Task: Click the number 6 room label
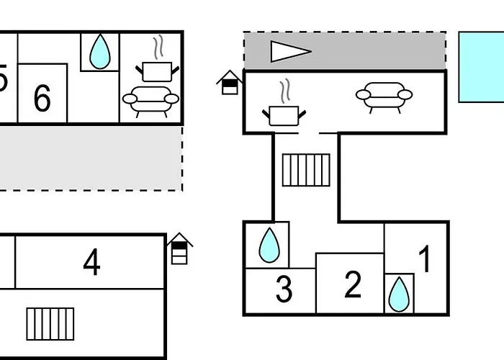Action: coord(42,98)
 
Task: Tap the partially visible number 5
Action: coord(3,78)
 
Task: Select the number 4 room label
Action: coord(91,263)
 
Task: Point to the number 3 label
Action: coord(284,290)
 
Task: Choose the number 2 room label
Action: coord(352,285)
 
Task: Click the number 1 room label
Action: coord(425,260)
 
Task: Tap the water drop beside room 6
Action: coord(99,51)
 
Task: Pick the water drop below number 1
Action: coord(398,294)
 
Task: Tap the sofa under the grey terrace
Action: coord(384,95)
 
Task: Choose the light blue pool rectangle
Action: coord(481,66)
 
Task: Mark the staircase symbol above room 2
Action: coord(305,170)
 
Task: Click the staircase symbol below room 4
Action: coord(50,324)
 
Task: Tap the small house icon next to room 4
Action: coord(179,248)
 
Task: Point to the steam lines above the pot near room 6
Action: coord(158,49)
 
